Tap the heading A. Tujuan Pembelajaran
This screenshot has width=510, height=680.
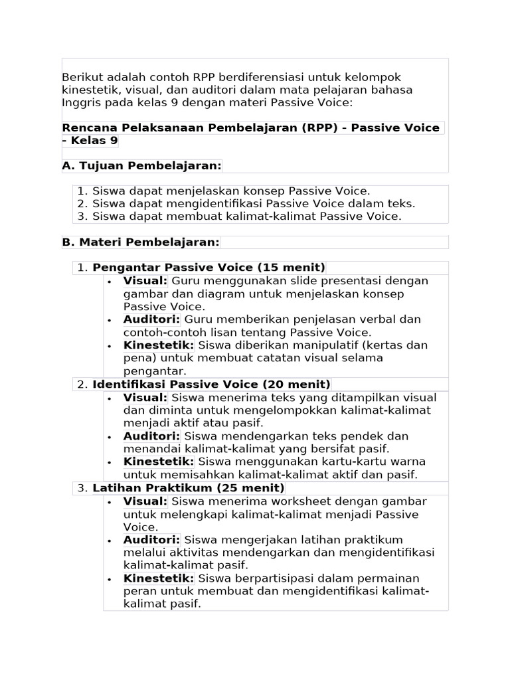pyautogui.click(x=141, y=165)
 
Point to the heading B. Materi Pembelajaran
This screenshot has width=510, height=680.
pyautogui.click(x=140, y=242)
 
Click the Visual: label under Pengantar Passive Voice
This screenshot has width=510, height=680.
pyautogui.click(x=145, y=281)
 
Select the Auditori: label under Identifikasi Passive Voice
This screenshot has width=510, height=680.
pyautogui.click(x=151, y=436)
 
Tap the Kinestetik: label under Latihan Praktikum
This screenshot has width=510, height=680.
pyautogui.click(x=158, y=579)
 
